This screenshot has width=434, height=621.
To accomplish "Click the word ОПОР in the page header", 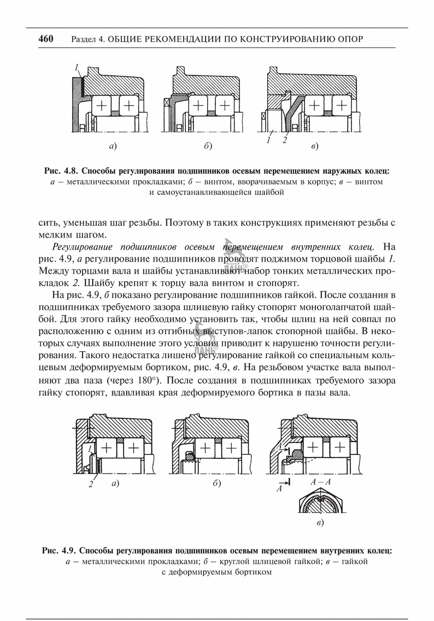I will [348, 39].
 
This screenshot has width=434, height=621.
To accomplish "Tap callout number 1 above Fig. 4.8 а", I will [78, 68].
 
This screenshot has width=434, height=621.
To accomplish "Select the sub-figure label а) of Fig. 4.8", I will [113, 146].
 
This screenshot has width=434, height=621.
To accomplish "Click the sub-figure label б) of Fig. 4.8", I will [207, 146].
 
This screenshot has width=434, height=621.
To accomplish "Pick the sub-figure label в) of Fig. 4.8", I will [314, 146].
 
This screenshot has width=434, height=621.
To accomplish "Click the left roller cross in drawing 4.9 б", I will [205, 448].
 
